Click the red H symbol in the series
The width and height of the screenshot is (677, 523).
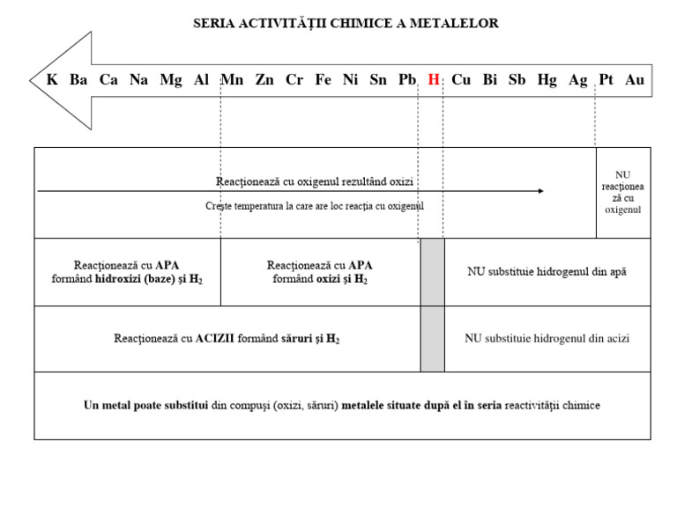pyautogui.click(x=433, y=80)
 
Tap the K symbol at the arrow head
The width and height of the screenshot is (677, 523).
pyautogui.click(x=52, y=80)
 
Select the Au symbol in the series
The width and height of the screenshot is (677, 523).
pyautogui.click(x=635, y=80)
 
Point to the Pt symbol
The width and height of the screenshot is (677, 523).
pyautogui.click(x=606, y=80)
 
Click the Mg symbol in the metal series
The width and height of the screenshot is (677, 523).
pyautogui.click(x=171, y=80)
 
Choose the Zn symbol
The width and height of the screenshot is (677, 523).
pyautogui.click(x=264, y=80)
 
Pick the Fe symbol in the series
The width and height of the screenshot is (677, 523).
pyautogui.click(x=324, y=80)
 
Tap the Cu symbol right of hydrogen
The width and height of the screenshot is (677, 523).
pyautogui.click(x=461, y=80)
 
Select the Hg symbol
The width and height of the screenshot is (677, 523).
pyautogui.click(x=547, y=80)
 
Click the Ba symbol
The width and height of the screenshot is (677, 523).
pyautogui.click(x=78, y=80)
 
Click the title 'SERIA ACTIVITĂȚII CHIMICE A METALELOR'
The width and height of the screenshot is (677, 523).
pyautogui.click(x=346, y=24)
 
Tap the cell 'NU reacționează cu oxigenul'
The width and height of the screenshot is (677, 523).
pyautogui.click(x=623, y=192)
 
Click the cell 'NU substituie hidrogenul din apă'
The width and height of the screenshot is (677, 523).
pyautogui.click(x=547, y=272)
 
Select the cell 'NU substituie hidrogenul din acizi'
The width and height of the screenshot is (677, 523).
pyautogui.click(x=547, y=338)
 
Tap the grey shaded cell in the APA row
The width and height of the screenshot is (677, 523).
pyautogui.click(x=432, y=272)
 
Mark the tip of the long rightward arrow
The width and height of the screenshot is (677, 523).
pyautogui.click(x=543, y=190)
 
